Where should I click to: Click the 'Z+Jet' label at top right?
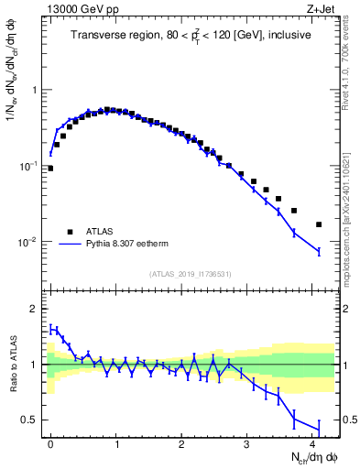pos(322,8)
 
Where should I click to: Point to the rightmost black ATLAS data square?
pos(319,224)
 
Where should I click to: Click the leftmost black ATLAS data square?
pos(50,168)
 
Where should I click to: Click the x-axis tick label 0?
pos(50,443)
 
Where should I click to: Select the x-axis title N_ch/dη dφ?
pos(309,457)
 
